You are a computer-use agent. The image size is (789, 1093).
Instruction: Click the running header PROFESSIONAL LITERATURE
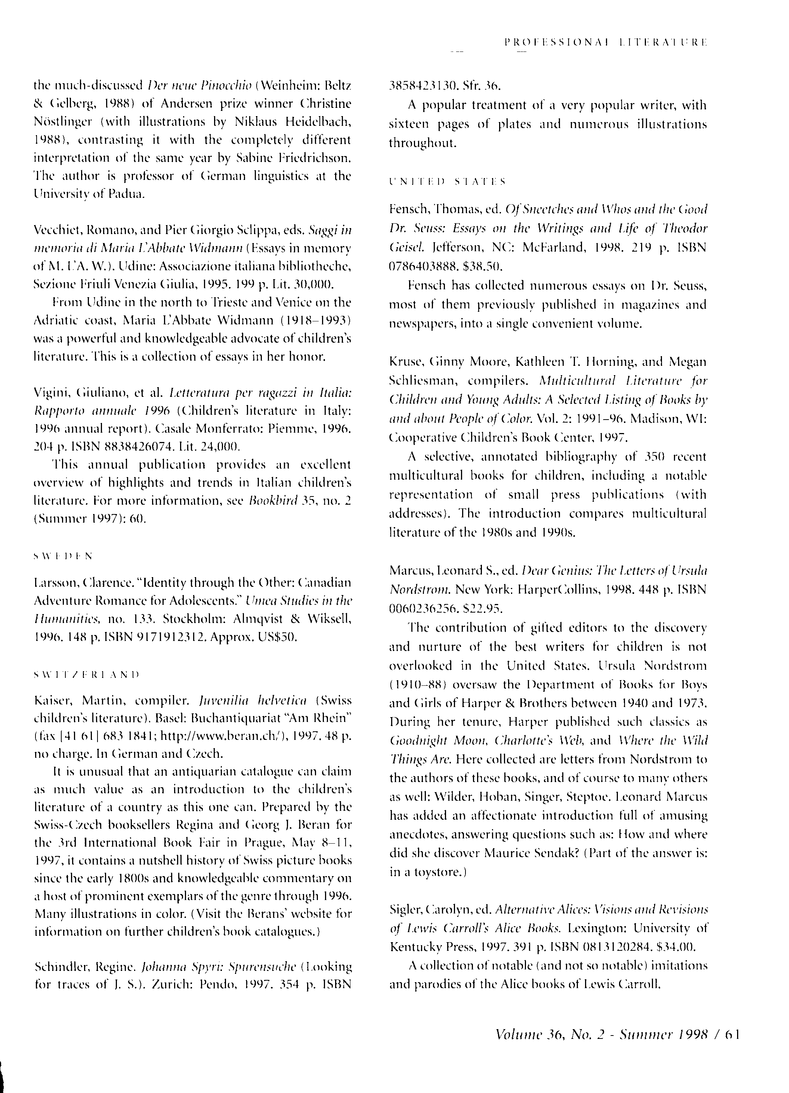click(605, 43)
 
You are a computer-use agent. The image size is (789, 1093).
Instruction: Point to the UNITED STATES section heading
click(446, 182)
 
